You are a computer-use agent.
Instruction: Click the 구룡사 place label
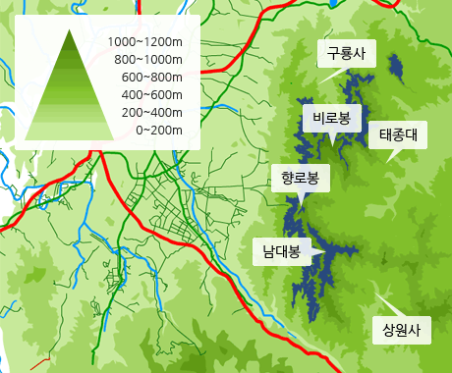346,54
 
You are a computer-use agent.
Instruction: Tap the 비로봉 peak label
331,119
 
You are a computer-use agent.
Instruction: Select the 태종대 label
399,135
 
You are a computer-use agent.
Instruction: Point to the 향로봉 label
300,178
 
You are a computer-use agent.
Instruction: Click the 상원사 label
401,330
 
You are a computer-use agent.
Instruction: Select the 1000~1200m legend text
145,41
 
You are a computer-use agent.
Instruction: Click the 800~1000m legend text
148,59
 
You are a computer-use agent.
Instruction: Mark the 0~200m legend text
158,130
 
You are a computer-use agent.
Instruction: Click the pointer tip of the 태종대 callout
387,161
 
